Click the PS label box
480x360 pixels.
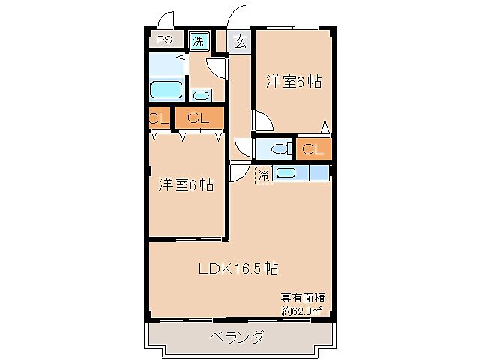tap(163, 40)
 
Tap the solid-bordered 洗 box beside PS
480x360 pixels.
tap(198, 41)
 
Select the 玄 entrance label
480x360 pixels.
tap(240, 41)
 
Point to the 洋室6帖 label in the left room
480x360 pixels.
tap(185, 184)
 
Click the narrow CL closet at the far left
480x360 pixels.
tap(158, 118)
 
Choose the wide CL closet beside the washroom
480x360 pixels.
tap(199, 118)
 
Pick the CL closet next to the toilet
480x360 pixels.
tap(313, 148)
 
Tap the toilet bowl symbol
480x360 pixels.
tap(281, 149)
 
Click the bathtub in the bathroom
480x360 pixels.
tap(167, 91)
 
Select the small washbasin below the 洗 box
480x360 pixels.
tap(200, 94)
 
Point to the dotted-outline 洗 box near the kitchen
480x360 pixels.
tap(262, 175)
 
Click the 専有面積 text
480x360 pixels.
tap(302, 297)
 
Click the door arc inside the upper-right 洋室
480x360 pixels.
tap(263, 120)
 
